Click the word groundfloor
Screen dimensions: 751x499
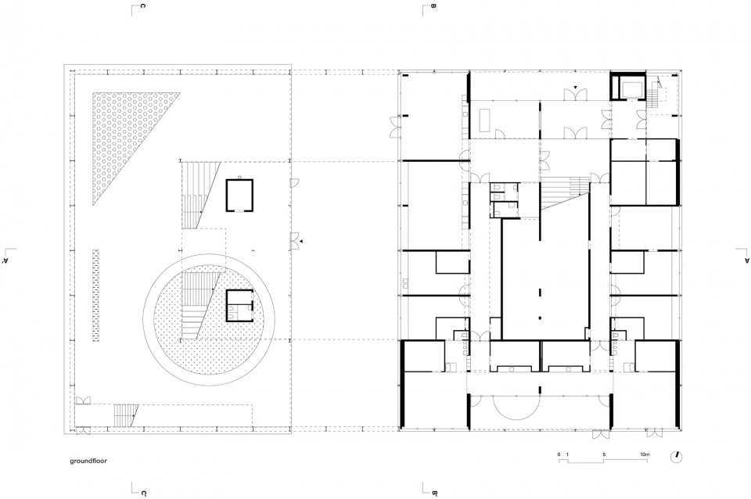tap(88, 461)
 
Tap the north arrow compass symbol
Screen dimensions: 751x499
tap(677, 457)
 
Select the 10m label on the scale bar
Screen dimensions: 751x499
tap(644, 454)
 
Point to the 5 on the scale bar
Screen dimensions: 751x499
tap(604, 454)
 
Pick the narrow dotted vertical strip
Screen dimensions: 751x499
tap(95, 295)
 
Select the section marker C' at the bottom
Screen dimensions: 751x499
tap(139, 490)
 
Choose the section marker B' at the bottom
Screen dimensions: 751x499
tap(430, 490)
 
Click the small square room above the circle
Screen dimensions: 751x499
tap(239, 195)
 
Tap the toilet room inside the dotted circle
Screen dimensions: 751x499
tap(239, 306)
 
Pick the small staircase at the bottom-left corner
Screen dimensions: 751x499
tap(125, 415)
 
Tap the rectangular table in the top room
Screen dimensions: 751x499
tap(485, 119)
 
